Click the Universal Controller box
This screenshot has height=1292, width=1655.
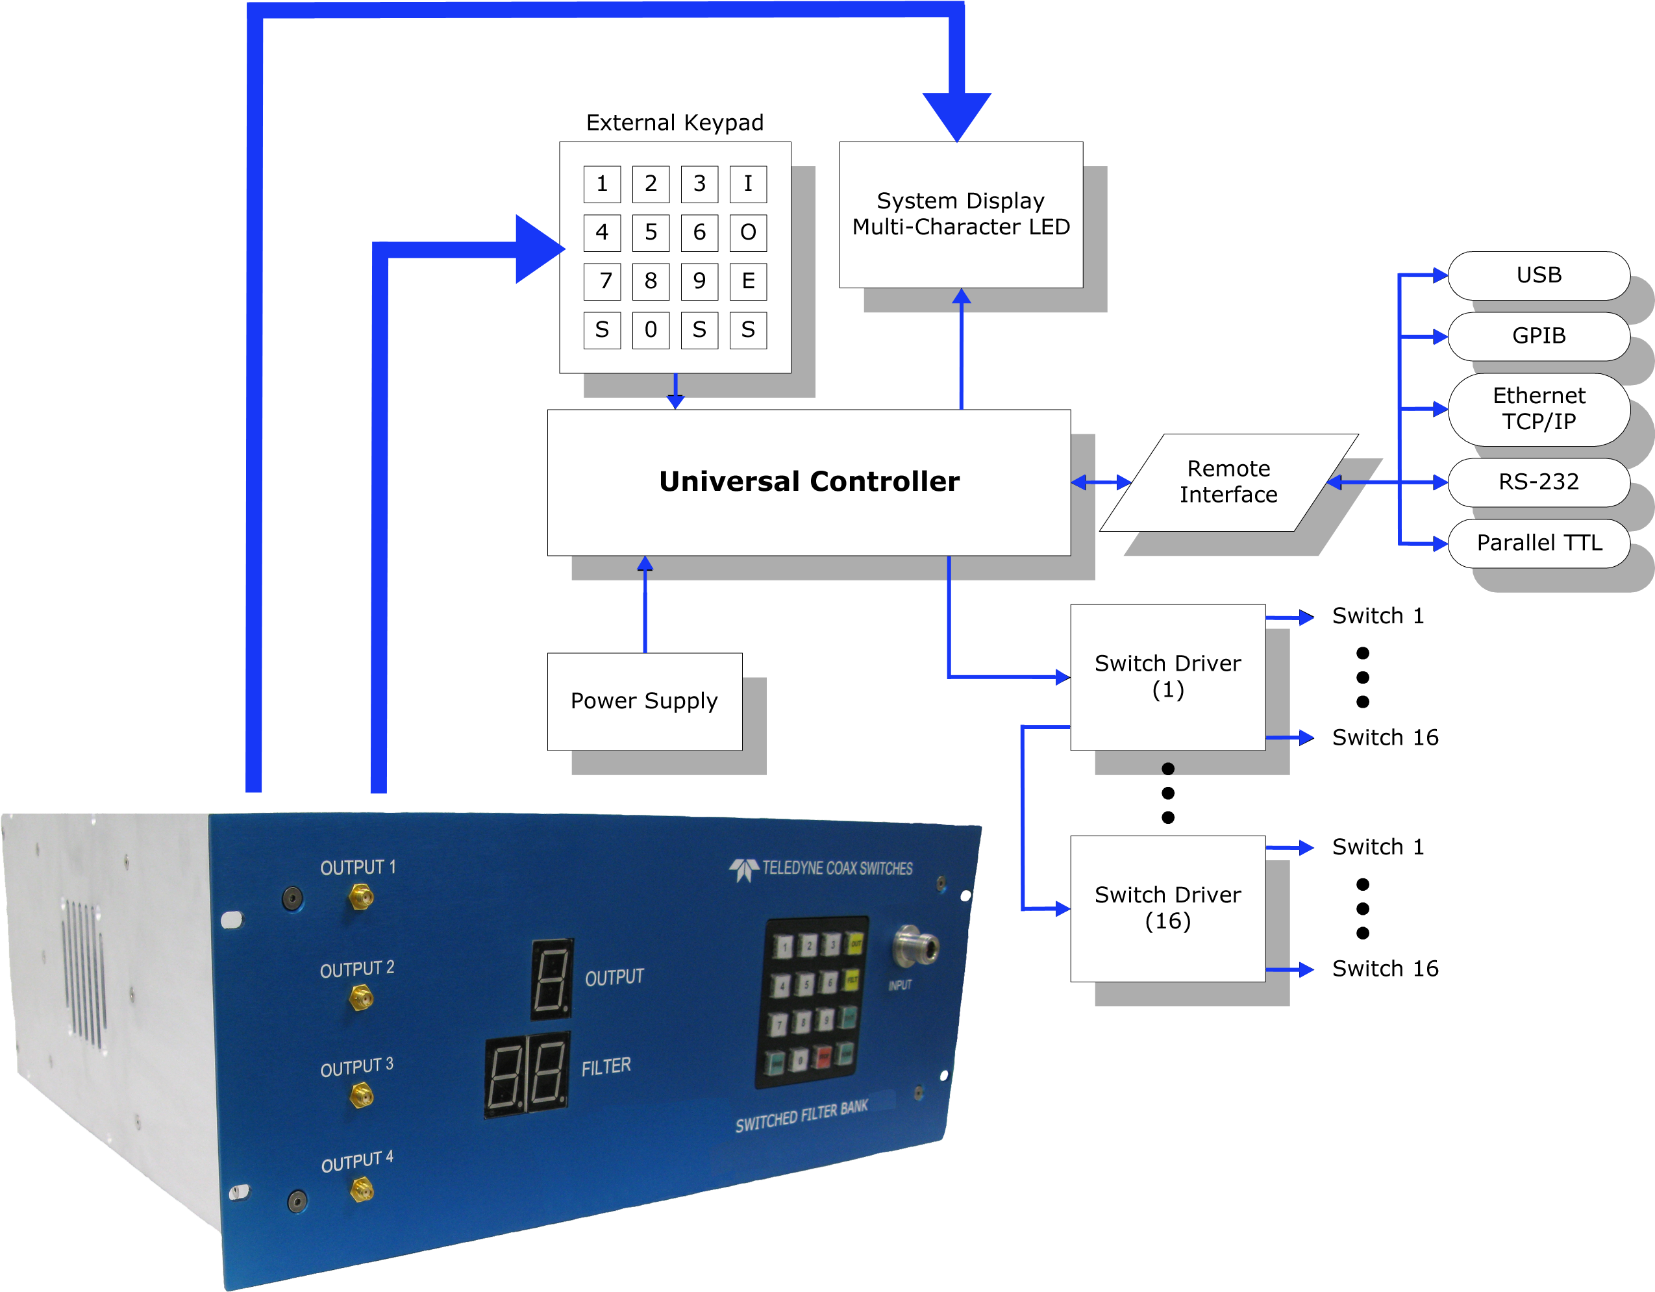pyautogui.click(x=808, y=482)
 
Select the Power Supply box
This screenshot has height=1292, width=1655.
pyautogui.click(x=644, y=701)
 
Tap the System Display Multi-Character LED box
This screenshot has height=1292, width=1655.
pyautogui.click(x=960, y=214)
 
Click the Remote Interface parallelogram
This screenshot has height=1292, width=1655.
pyautogui.click(x=1228, y=482)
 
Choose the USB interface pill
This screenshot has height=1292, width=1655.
pyautogui.click(x=1538, y=275)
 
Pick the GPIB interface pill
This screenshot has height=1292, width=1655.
pyautogui.click(x=1538, y=336)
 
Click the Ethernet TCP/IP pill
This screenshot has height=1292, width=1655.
pyautogui.click(x=1538, y=408)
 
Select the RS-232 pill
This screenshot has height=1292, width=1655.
pyautogui.click(x=1538, y=482)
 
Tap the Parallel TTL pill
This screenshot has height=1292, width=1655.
pyautogui.click(x=1538, y=543)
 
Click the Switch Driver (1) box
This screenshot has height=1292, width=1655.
pyautogui.click(x=1167, y=677)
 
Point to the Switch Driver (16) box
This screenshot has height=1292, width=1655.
pyautogui.click(x=1167, y=908)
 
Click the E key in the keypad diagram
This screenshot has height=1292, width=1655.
pyautogui.click(x=748, y=281)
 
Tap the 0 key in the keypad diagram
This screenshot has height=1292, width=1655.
pyautogui.click(x=650, y=330)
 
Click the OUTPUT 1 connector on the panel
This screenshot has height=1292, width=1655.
pyautogui.click(x=360, y=899)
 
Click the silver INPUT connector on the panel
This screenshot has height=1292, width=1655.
pyautogui.click(x=915, y=946)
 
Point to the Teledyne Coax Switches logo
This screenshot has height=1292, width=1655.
pyautogui.click(x=821, y=869)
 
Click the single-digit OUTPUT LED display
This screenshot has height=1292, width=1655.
pyautogui.click(x=551, y=978)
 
